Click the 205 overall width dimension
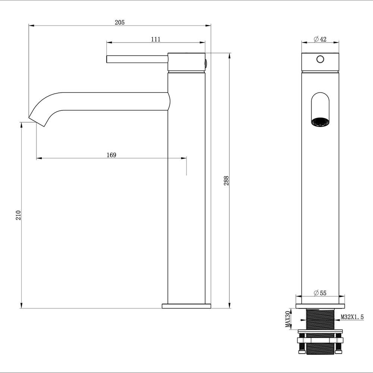tap(119, 22)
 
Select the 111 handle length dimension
tap(156, 39)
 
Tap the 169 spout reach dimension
tap(111, 155)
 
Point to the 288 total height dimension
tap(226, 181)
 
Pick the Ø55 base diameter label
tap(320, 293)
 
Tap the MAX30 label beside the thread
tap(288, 319)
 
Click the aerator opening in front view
tap(320, 122)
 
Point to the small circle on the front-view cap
tap(320, 59)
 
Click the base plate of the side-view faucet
tap(186, 306)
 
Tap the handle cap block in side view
tap(186, 62)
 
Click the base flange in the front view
tap(320, 306)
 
